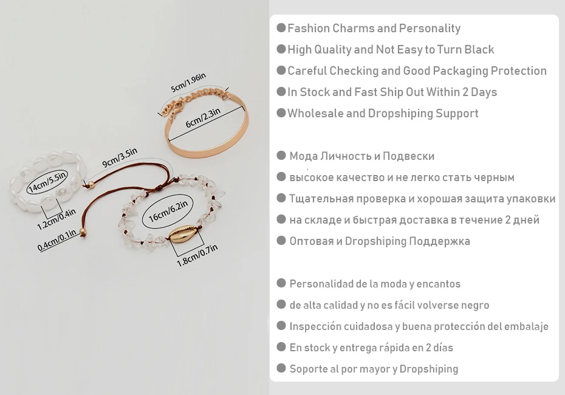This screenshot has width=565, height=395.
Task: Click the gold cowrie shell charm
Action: point(182,233)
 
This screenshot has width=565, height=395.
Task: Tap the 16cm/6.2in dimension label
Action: point(168,211)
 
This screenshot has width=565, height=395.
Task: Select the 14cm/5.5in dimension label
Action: point(47,181)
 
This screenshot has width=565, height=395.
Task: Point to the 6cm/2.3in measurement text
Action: point(203,118)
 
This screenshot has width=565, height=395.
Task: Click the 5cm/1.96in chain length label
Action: point(188,83)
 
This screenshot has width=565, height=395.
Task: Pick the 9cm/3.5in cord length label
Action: point(120,157)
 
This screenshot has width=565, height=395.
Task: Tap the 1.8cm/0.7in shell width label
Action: point(197,255)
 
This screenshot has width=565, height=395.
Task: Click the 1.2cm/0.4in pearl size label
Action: point(56,219)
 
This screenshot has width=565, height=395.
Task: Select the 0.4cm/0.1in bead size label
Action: point(57,240)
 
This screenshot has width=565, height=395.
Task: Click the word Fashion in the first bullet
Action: point(309,28)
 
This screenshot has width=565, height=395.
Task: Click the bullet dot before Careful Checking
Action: point(281,70)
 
